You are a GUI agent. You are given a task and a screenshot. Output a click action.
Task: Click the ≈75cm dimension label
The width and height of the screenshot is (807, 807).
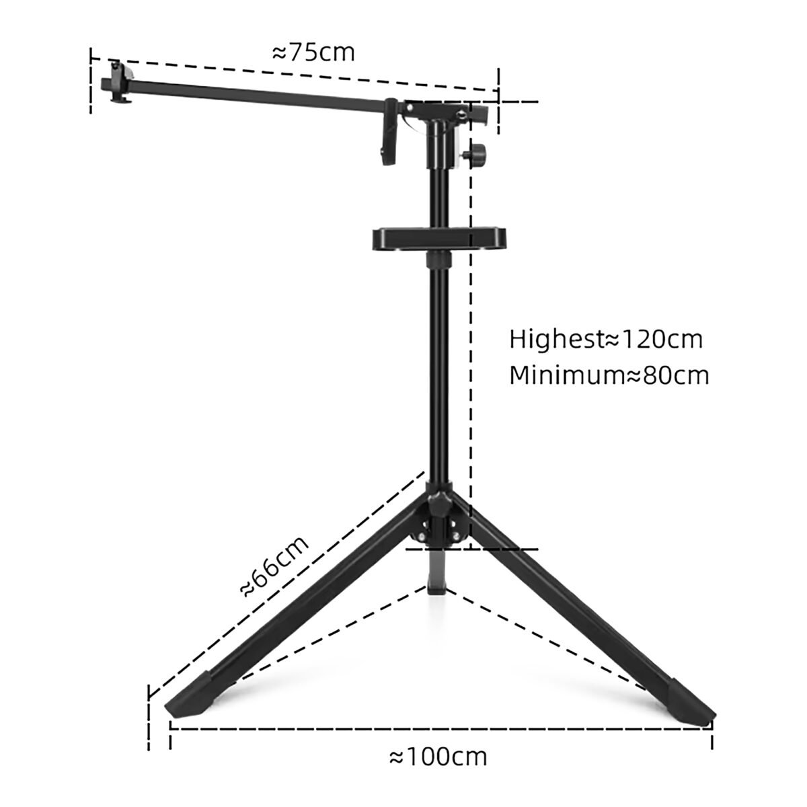pos(313,52)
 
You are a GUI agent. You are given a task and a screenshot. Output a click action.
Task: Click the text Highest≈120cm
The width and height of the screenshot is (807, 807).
pos(605,339)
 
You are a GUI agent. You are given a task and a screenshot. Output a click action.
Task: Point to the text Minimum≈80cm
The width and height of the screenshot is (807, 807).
pos(609,375)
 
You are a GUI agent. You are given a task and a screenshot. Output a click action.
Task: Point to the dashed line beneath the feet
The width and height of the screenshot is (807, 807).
pos(440,730)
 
